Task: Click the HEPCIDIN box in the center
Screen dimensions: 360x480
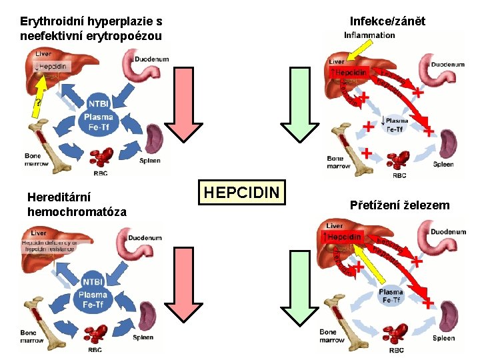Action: click(x=242, y=192)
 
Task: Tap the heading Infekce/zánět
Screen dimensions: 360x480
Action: click(x=387, y=21)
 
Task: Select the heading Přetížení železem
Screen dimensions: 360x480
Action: click(x=399, y=205)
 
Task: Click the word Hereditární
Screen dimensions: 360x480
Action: click(x=59, y=197)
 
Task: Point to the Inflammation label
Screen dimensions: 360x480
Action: click(x=369, y=35)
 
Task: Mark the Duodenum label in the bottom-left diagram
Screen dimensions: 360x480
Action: click(x=146, y=237)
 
